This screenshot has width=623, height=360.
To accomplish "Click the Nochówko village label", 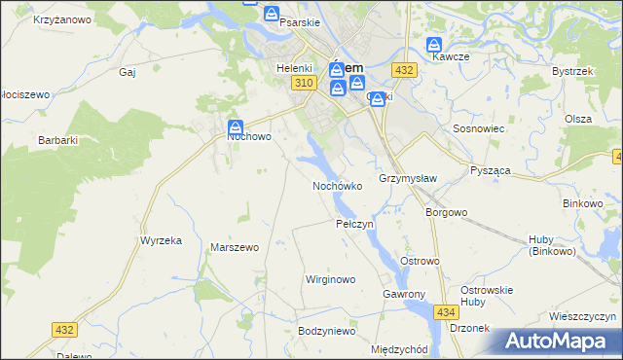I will (x=338, y=186).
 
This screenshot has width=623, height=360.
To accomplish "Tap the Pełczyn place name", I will (x=354, y=225).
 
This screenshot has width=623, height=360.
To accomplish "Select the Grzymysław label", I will (x=408, y=179).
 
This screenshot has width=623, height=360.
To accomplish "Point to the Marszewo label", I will (x=235, y=248).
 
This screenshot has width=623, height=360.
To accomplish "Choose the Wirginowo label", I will (x=331, y=279).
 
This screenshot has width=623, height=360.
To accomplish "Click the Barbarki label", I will (x=58, y=140).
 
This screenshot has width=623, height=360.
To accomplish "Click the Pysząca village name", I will (x=491, y=170).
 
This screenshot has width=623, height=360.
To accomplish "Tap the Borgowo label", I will (x=447, y=212).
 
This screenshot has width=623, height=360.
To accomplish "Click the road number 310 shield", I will (x=302, y=85).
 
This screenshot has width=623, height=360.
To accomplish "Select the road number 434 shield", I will (x=447, y=311).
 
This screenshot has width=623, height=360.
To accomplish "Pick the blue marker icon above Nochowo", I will (x=236, y=126).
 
